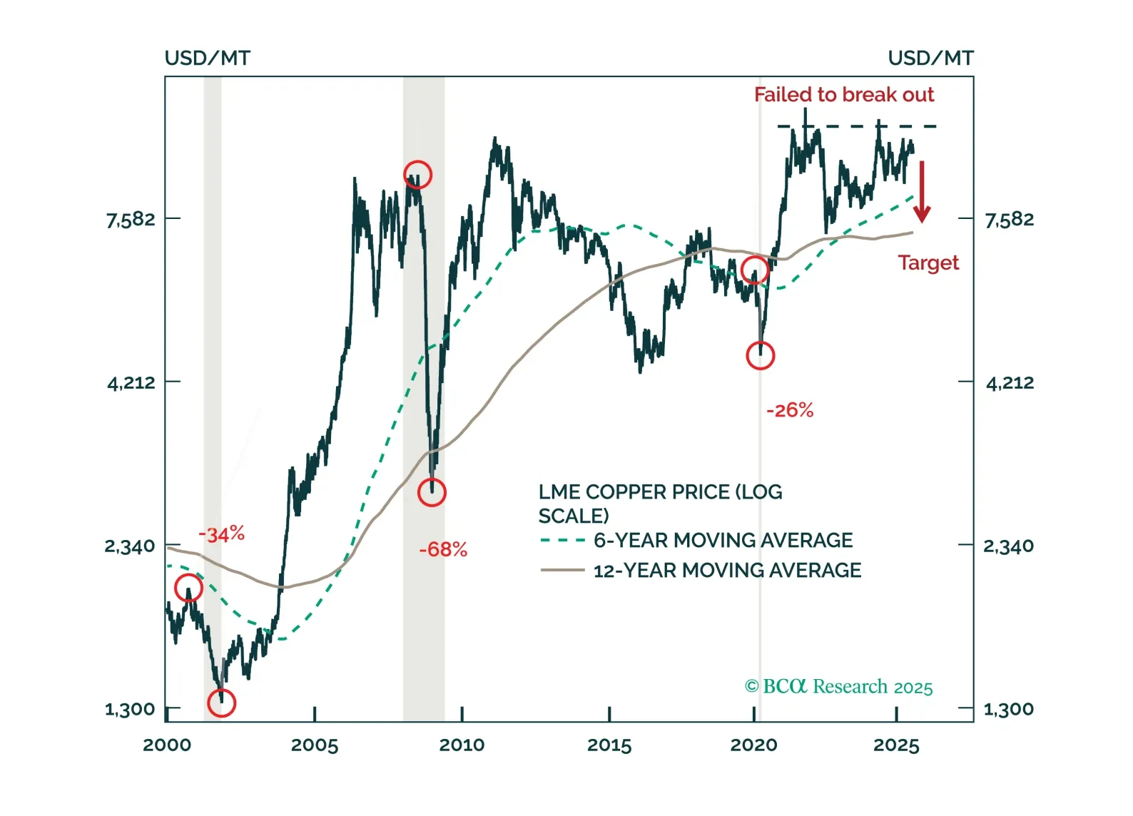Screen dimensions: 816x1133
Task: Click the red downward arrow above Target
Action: pos(922,191)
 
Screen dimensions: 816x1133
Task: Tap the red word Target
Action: pos(928,263)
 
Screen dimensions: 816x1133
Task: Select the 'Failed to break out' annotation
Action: pos(843,95)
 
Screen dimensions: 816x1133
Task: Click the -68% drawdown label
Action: pos(443,549)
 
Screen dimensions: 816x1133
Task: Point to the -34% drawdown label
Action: pos(221,534)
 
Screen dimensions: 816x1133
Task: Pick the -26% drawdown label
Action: pos(790,410)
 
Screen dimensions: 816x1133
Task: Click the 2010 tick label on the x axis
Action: pos(462,745)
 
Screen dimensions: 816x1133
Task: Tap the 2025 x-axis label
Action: pos(896,745)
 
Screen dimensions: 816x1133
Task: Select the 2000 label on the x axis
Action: pos(167,745)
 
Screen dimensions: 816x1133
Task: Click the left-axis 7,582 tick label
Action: pos(131,219)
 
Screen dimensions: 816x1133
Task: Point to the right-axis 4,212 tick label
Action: pos(1010,383)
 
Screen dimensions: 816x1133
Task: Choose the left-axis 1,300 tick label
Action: pos(130,710)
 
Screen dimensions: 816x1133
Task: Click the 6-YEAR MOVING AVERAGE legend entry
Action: pos(723,541)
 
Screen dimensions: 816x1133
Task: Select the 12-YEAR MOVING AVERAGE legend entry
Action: pos(727,571)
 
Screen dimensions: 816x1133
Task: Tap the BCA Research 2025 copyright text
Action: pos(838,687)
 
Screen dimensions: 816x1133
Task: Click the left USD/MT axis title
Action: pos(207,58)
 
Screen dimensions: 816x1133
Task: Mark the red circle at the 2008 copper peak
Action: pos(417,175)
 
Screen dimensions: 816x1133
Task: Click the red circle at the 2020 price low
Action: pos(760,355)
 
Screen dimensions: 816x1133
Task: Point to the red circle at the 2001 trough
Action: pos(221,703)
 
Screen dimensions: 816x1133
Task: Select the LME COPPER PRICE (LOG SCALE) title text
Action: pos(660,504)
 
